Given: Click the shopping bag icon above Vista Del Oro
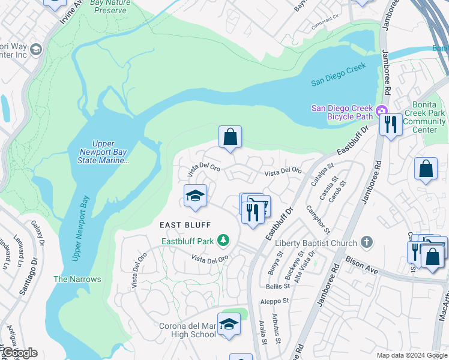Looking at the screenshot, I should pos(230,137).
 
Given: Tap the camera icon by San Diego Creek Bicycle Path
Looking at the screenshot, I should pos(381,111).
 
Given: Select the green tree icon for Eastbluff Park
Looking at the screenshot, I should pos(223,241).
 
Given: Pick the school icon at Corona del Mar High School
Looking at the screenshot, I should pos(229,325).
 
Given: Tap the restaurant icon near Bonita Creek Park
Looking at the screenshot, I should pos(391,125).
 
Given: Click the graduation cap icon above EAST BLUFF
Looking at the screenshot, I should pos(195,196).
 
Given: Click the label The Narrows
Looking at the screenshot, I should pos(77,279).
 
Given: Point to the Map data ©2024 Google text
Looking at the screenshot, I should pos(412,355).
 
